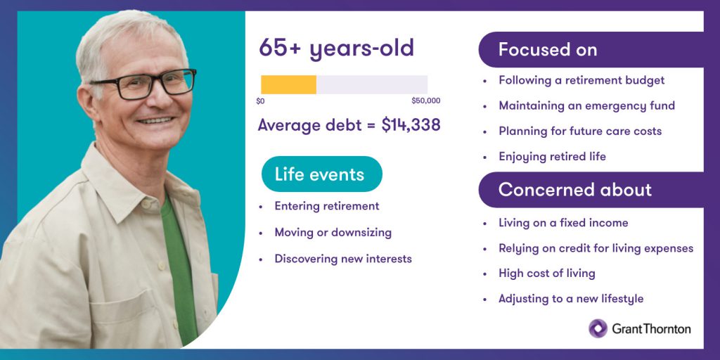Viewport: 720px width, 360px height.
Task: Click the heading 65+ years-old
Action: click(x=336, y=48)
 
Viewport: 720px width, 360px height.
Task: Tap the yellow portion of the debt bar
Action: click(x=288, y=84)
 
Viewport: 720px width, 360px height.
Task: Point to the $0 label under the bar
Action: click(x=260, y=101)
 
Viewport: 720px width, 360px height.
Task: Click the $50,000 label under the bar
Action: click(x=426, y=101)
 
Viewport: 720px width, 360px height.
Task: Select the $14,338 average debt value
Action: click(x=411, y=125)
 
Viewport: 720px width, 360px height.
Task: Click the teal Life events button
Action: click(x=321, y=174)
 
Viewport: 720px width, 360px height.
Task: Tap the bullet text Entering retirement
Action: click(x=326, y=206)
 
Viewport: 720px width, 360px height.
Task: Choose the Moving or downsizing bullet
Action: click(x=333, y=232)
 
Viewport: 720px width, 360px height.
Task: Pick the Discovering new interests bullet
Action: click(x=342, y=259)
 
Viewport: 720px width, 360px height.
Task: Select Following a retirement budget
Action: click(x=581, y=80)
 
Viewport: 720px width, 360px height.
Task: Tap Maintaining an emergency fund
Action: click(x=586, y=105)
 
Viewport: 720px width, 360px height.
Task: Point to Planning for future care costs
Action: click(x=580, y=131)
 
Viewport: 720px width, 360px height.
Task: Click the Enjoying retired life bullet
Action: click(x=552, y=156)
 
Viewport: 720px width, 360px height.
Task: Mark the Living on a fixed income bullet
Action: click(x=562, y=223)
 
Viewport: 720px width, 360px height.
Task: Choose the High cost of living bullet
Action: click(x=546, y=273)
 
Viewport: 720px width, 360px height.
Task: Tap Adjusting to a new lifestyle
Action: click(x=570, y=298)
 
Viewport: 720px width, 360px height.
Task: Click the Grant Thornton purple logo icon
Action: click(x=598, y=328)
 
